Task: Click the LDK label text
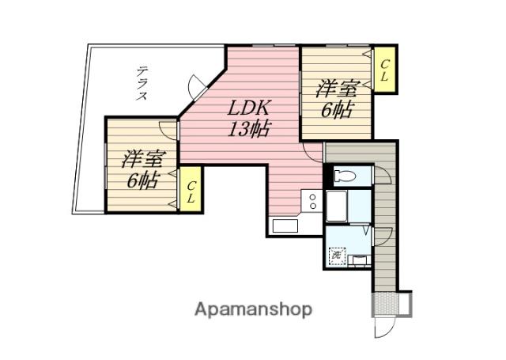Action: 248,108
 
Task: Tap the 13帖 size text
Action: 249,129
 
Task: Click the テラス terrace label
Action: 142,83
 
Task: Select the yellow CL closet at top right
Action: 384,70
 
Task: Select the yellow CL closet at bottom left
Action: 191,189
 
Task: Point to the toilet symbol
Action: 345,176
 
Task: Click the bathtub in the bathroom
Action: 336,206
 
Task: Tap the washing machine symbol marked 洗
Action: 337,256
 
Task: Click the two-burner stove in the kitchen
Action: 312,201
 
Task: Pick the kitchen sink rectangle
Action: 285,225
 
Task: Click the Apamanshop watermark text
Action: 253,309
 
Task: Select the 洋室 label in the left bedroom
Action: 144,158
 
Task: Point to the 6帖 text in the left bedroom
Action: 143,180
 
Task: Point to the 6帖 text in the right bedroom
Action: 336,110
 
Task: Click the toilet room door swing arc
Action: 383,174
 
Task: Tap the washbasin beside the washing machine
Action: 360,260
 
